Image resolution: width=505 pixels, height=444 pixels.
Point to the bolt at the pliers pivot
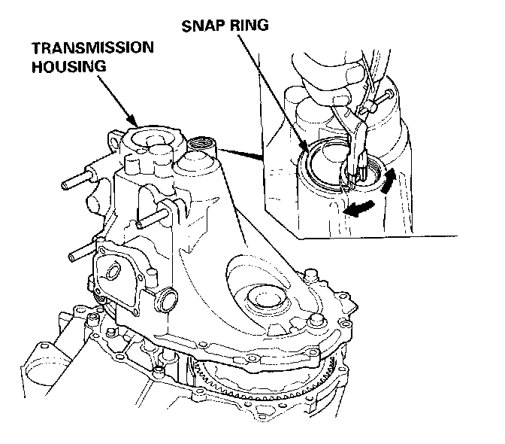click(x=386, y=98)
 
